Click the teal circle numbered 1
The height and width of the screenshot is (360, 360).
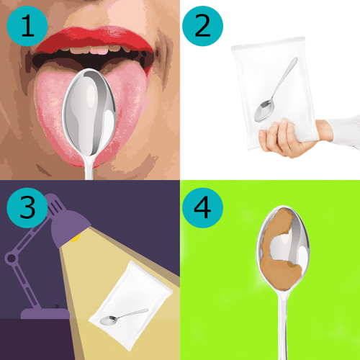pos(27,26)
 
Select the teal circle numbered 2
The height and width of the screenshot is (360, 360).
pos(202,26)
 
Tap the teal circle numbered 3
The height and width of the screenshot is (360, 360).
pos(27,208)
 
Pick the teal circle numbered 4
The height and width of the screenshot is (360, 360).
pos(202,208)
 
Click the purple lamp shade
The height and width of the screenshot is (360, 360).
pos(70,228)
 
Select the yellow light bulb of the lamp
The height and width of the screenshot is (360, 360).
pos(75,238)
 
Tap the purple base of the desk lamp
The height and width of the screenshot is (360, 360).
pos(45,313)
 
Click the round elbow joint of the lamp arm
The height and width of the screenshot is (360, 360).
pos(11,258)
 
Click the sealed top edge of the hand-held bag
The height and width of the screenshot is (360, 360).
pos(269,42)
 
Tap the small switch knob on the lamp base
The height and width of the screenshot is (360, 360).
pos(57,306)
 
